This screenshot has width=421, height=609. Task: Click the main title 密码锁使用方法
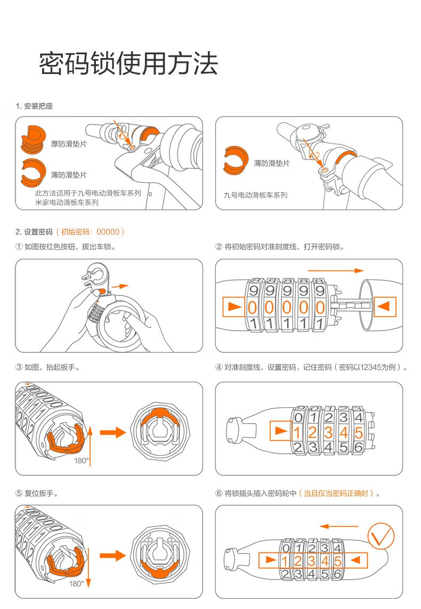coord(128,63)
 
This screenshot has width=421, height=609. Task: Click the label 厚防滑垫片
coord(69,144)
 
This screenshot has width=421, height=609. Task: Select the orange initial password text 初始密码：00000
coord(90,232)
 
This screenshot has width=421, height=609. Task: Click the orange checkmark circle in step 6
coord(381,536)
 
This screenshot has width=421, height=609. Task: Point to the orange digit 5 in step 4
coord(359,432)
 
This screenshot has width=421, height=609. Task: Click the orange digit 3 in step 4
coord(328,432)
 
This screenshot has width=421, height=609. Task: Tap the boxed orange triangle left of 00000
coord(233,307)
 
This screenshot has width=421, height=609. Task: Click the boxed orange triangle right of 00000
coord(384,307)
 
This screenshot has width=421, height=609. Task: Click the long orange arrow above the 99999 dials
coord(336,271)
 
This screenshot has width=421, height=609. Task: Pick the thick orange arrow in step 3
coord(113,432)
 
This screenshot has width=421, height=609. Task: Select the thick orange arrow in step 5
coord(113,555)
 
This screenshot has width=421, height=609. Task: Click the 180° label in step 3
coord(81,460)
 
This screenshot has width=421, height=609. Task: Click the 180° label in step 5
coord(77,583)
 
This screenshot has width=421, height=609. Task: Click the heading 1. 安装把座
coord(34,106)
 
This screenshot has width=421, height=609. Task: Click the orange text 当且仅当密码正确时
coord(336,493)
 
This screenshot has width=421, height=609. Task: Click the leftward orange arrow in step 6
coord(339,526)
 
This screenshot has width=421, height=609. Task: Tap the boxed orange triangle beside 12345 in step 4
coord(281,431)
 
